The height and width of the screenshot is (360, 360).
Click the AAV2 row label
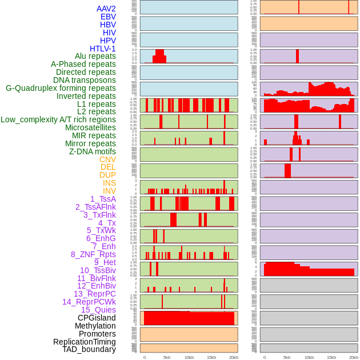tap(106, 9)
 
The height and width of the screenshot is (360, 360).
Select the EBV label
tap(108, 17)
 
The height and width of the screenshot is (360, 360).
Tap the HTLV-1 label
tap(102, 49)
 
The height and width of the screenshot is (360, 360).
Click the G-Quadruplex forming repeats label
tap(61, 88)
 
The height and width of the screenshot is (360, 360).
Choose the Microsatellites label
tap(90, 127)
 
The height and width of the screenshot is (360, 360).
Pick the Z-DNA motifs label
tap(92, 151)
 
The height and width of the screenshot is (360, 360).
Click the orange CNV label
tap(107, 159)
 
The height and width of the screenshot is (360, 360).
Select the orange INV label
tap(109, 191)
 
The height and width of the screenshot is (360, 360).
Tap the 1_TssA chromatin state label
tap(103, 199)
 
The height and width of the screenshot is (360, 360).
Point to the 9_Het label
tap(105, 262)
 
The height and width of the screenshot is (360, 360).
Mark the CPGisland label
tap(97, 318)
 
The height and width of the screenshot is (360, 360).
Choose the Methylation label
tap(95, 326)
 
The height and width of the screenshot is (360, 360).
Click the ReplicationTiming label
tap(84, 342)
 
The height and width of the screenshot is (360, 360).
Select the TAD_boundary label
tap(89, 349)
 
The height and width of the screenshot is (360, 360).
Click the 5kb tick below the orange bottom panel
tap(167, 357)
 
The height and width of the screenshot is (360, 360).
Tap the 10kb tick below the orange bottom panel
tap(189, 357)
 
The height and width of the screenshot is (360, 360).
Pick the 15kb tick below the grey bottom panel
tap(331, 357)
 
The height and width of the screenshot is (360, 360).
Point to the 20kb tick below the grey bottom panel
tap(354, 357)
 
